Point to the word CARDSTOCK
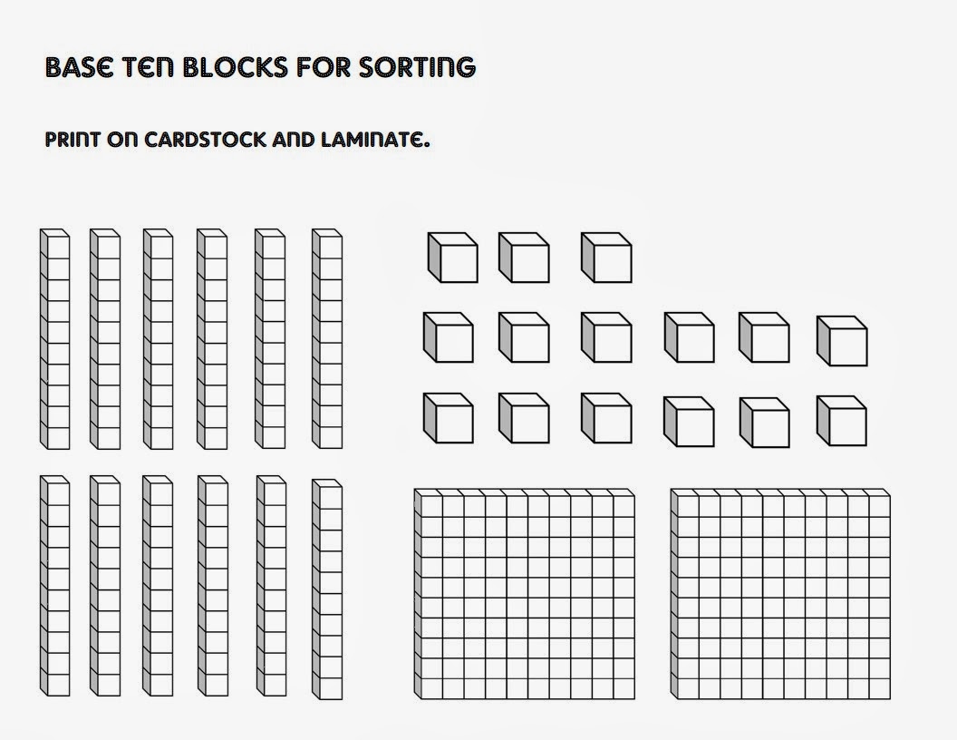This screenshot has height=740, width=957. (200, 141)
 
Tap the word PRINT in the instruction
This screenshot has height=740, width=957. (72, 141)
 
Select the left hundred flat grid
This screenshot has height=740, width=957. (525, 595)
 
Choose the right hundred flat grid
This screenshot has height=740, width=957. (781, 595)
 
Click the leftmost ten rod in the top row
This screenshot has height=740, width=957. (54, 339)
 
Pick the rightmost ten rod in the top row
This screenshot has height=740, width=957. (327, 339)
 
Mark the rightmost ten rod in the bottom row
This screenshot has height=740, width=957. (327, 589)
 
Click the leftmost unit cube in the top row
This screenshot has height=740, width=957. (452, 258)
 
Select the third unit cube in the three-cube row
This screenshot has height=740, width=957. (606, 258)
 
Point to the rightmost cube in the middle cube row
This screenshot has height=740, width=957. (842, 341)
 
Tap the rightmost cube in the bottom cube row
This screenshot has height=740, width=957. (842, 421)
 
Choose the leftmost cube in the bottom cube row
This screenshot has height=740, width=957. (448, 418)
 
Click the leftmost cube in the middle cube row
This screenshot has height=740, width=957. (448, 338)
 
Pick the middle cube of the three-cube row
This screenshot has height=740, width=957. (524, 258)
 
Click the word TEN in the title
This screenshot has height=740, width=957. (146, 67)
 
